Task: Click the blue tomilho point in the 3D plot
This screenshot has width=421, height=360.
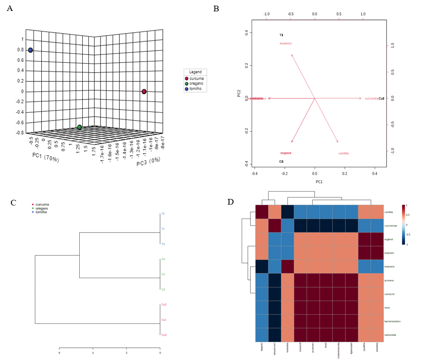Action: point(30,50)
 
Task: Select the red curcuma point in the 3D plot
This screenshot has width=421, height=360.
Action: point(144,91)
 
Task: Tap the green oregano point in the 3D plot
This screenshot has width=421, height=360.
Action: point(80,127)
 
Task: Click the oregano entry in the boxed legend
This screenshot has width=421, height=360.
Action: point(196,84)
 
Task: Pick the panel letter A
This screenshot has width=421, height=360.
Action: point(10,8)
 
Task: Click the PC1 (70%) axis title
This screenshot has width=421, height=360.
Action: point(45,158)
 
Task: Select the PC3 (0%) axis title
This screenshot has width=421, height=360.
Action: point(148,161)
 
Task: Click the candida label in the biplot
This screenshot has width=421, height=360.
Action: point(344,154)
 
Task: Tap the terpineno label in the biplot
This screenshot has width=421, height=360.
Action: point(286,44)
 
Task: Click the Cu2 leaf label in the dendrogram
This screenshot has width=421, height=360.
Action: point(164,305)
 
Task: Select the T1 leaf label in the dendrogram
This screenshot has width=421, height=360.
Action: point(163,229)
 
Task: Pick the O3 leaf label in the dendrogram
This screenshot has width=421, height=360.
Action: point(163,289)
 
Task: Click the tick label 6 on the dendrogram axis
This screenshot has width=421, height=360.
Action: point(60,353)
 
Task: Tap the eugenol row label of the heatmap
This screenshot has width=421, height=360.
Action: point(390,239)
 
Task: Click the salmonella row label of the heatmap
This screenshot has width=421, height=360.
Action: point(391,335)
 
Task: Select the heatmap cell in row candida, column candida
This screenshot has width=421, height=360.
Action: point(261,212)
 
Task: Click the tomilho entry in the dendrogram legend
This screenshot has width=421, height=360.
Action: point(41,212)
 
